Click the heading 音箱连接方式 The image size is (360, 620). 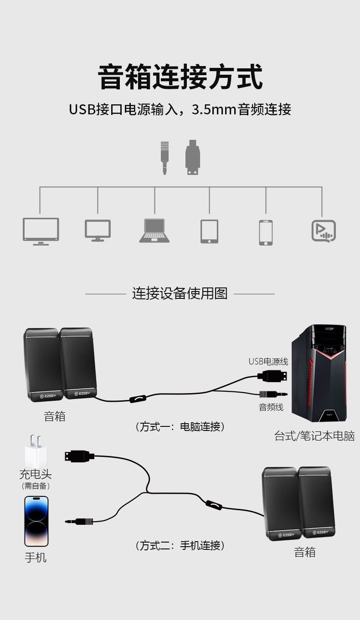(x=180, y=77)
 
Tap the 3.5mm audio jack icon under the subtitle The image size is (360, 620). (x=165, y=158)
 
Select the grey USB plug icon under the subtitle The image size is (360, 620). (x=193, y=157)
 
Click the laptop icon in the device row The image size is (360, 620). (x=154, y=231)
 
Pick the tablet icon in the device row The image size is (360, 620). (x=209, y=231)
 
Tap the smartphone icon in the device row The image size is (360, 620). (x=266, y=232)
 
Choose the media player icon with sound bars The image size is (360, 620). (x=324, y=231)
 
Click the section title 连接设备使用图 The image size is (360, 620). (x=180, y=293)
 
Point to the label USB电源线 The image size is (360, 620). (x=268, y=362)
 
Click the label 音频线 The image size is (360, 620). (x=271, y=407)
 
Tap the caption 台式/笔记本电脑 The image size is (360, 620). (x=314, y=436)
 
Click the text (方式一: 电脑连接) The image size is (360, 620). (x=180, y=427)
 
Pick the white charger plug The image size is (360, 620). (x=36, y=451)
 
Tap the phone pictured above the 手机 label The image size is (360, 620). (x=36, y=521)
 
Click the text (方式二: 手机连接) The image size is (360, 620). (x=180, y=545)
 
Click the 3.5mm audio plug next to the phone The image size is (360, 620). (x=80, y=522)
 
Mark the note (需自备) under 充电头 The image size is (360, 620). (x=36, y=486)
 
